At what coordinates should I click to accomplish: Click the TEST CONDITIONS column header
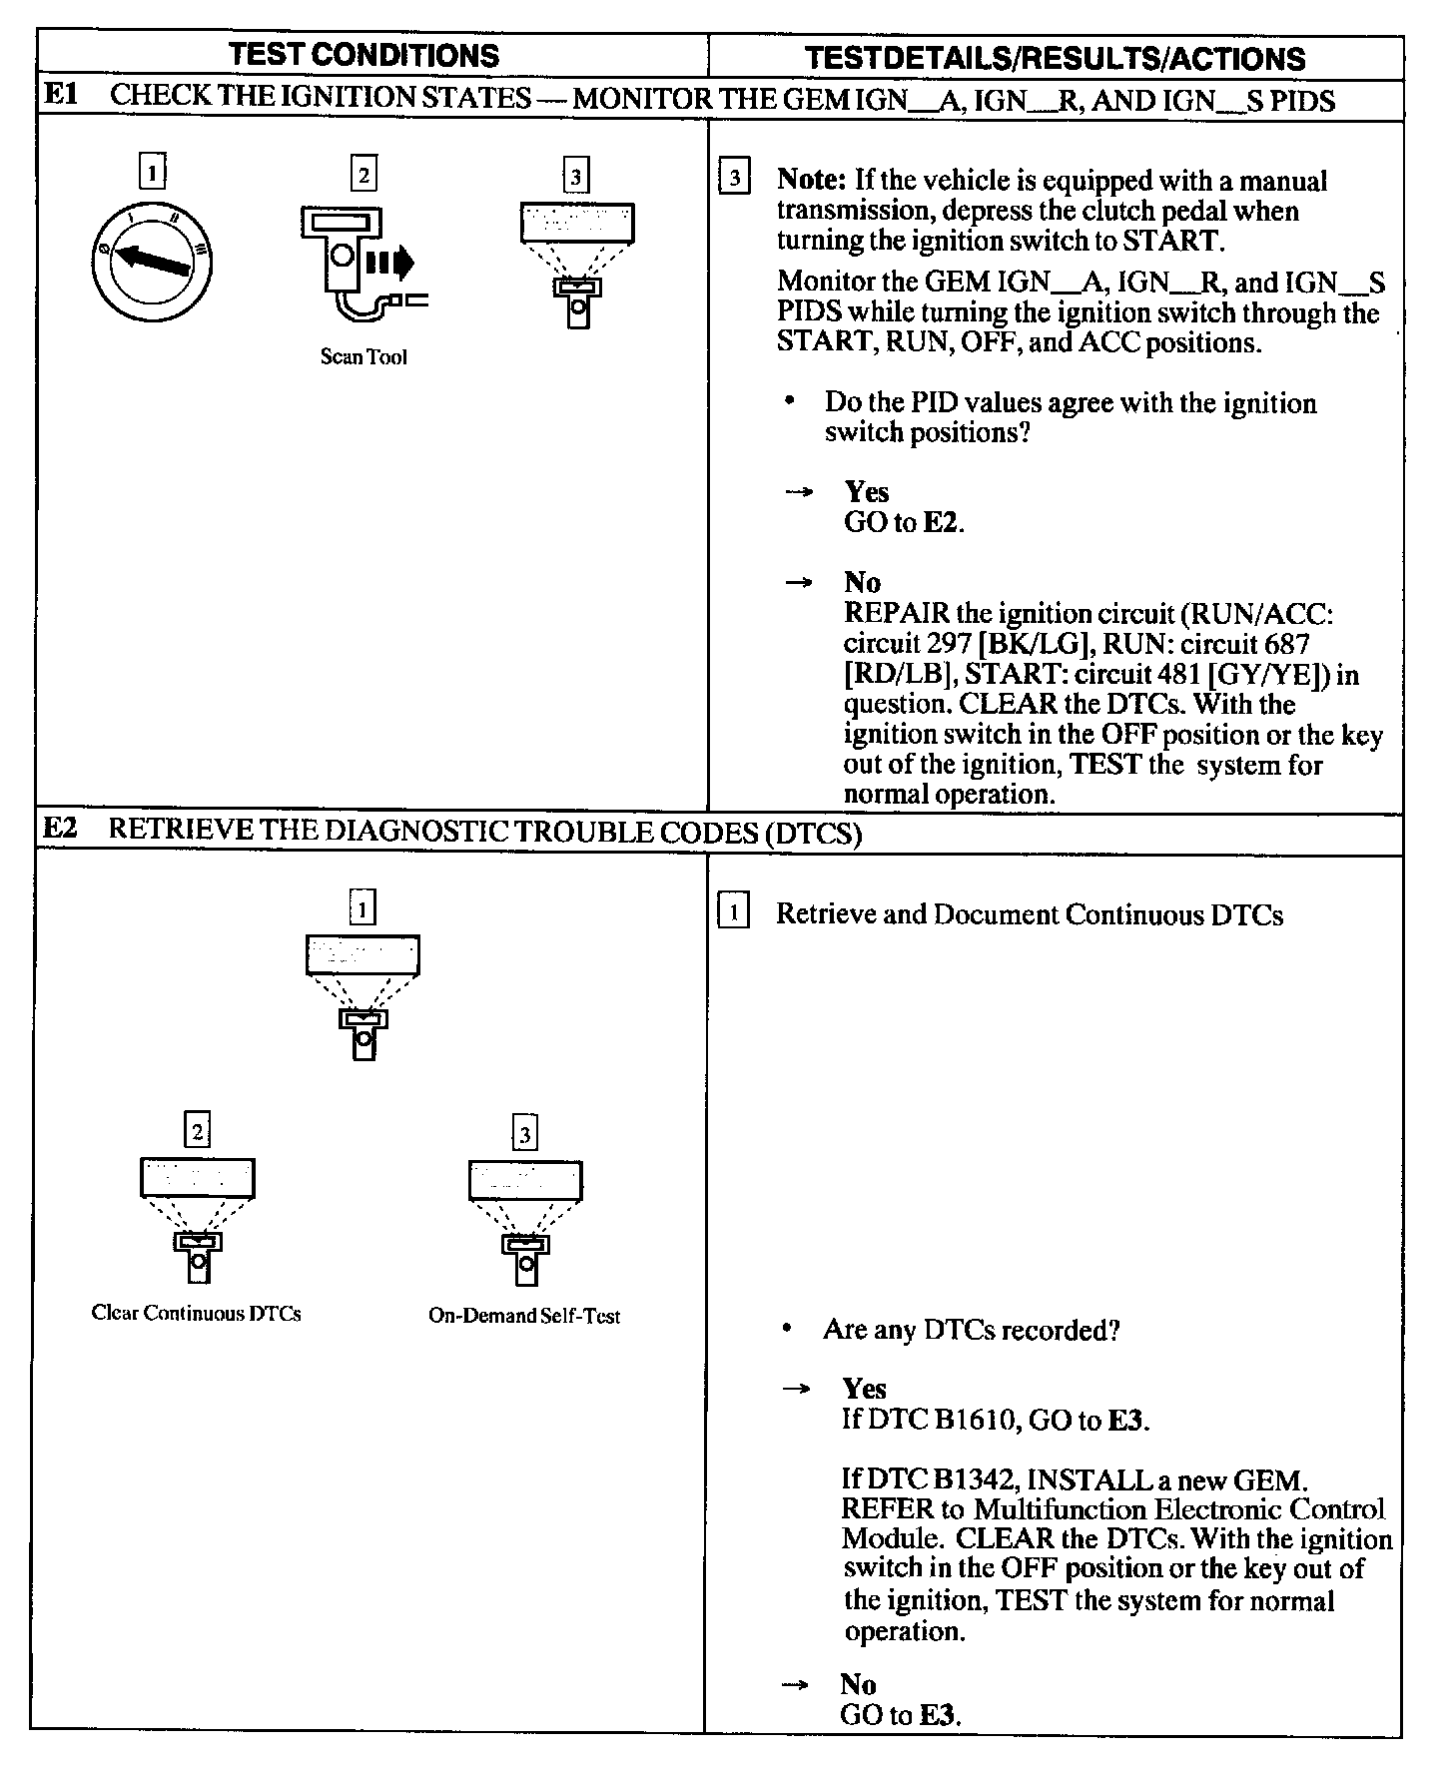click(363, 54)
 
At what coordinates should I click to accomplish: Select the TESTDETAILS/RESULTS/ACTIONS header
click(1055, 58)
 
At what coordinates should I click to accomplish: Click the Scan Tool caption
click(363, 357)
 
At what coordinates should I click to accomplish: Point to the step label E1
click(61, 97)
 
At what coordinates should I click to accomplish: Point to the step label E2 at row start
click(61, 830)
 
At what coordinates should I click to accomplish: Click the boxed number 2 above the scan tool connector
click(363, 176)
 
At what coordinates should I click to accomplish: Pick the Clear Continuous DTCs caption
click(196, 1313)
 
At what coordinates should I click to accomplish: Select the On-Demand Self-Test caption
click(524, 1316)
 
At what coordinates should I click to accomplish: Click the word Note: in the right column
click(812, 181)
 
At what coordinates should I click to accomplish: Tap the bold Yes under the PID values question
click(866, 491)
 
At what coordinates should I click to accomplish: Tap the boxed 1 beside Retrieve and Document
click(733, 912)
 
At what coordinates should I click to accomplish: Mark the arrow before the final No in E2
click(795, 1684)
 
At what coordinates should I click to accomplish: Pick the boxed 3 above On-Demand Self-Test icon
click(524, 1134)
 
